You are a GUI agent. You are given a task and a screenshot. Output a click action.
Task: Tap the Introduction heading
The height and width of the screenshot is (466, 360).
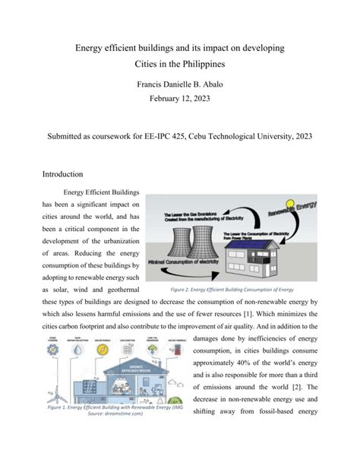68,173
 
